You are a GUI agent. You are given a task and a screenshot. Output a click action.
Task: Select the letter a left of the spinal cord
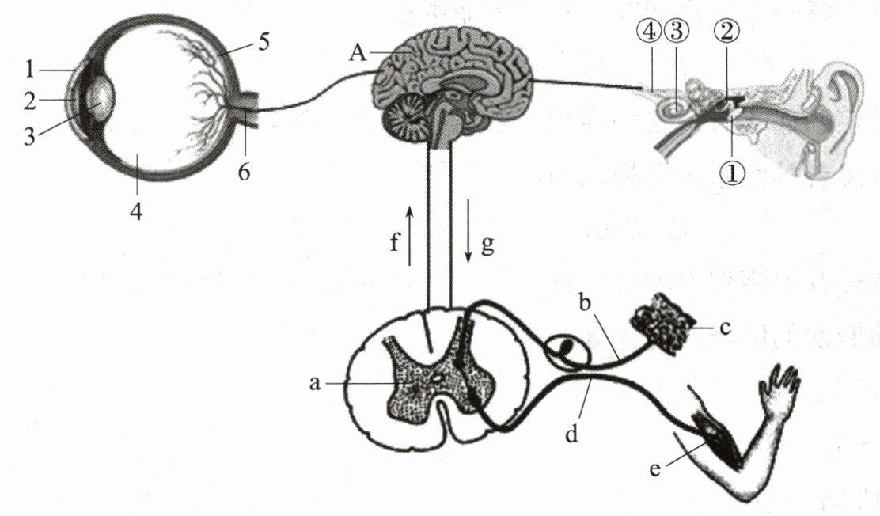(315, 383)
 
